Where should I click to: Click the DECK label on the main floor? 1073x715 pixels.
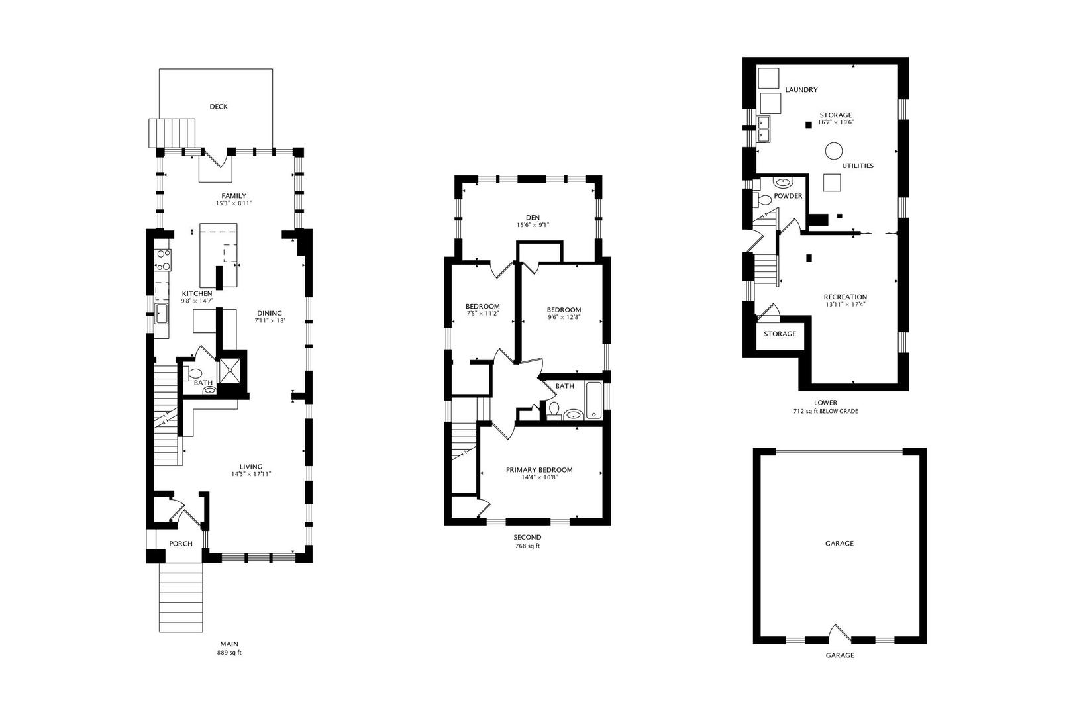219,107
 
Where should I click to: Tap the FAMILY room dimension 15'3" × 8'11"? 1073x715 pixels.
234,203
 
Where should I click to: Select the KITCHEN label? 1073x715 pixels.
197,293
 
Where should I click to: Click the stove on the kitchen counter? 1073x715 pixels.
162,260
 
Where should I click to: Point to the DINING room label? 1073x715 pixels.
269,313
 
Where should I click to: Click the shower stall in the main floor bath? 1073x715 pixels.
231,369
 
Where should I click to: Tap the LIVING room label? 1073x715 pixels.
251,467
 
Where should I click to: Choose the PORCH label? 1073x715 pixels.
181,544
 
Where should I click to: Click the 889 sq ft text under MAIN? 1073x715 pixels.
229,652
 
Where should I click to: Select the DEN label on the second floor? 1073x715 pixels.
532,217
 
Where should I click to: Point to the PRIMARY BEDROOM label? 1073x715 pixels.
539,470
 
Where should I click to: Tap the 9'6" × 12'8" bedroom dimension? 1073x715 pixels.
564,317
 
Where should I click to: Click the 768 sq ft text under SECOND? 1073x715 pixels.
527,546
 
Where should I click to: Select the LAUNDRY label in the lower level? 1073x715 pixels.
801,89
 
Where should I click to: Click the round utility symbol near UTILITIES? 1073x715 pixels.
833,151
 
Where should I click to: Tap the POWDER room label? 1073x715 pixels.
788,196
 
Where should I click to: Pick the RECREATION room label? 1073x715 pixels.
845,297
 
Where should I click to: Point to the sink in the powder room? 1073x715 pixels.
783,183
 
